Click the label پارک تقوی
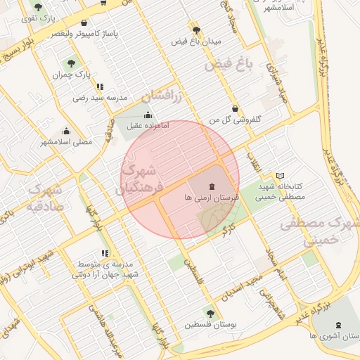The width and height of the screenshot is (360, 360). pos(37,18)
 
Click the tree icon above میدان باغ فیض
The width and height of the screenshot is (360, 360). pos(196,30)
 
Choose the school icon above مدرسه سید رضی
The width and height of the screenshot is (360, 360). pos(100,86)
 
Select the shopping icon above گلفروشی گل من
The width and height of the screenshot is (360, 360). pos(235,108)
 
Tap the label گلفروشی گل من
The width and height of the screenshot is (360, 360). pos(235,120)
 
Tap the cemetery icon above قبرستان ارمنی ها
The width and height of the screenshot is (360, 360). pos(213,186)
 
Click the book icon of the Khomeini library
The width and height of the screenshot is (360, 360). pos(281,174)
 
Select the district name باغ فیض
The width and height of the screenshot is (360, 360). pos(229,67)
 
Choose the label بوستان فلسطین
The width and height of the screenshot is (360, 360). pos(210,325)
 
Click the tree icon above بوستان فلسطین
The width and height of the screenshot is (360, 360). pos(210,312)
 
